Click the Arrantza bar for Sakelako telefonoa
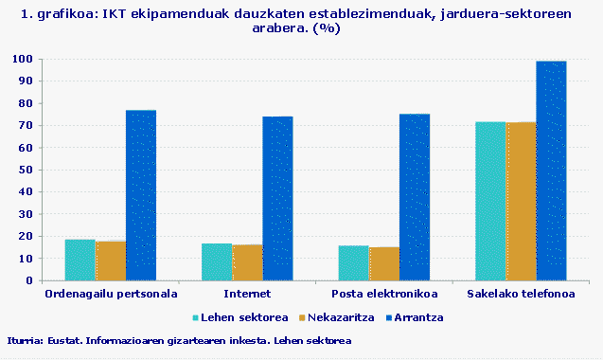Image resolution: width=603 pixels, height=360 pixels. [x=551, y=171]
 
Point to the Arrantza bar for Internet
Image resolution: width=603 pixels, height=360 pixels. [x=277, y=198]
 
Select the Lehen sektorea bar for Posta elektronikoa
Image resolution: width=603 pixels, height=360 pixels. [x=353, y=262]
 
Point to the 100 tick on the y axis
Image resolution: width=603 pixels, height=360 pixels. [x=24, y=59]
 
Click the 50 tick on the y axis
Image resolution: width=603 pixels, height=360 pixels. [x=27, y=170]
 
